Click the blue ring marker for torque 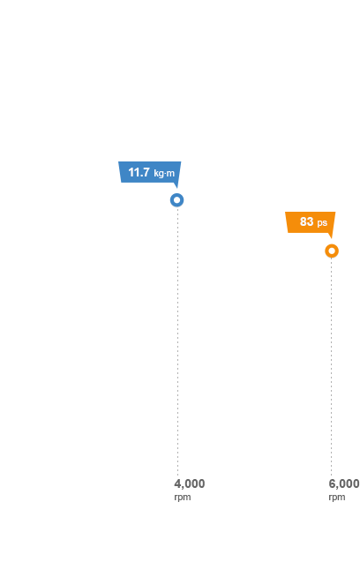(x=172, y=200)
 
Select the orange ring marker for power (x=327, y=251)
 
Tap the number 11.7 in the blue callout (x=139, y=172)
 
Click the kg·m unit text (x=164, y=174)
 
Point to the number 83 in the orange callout (x=306, y=221)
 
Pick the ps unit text (x=322, y=223)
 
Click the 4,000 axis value (x=190, y=483)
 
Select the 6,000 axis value (x=344, y=483)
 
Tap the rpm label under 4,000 (x=183, y=498)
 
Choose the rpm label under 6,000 (x=337, y=498)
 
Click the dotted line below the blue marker (x=177, y=342)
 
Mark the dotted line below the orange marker (x=331, y=368)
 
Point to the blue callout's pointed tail (x=176, y=187)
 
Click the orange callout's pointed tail (x=331, y=238)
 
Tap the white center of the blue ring (x=177, y=200)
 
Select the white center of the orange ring (x=332, y=251)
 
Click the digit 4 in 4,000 (x=178, y=483)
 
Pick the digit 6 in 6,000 (x=333, y=483)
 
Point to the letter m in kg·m (x=171, y=174)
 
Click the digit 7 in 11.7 (x=146, y=172)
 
